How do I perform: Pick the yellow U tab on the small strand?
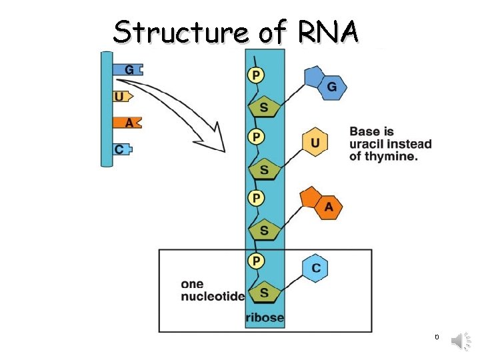[x=119, y=97]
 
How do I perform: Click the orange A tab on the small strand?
[x=128, y=123]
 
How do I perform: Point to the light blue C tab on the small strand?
[x=121, y=149]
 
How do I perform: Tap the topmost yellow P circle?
[x=255, y=75]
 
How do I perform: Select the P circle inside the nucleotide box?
[x=255, y=260]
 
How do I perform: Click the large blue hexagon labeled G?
[x=331, y=87]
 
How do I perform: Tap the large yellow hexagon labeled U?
[x=315, y=142]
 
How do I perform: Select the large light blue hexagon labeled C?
[x=315, y=268]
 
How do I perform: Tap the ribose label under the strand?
[x=265, y=318]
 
